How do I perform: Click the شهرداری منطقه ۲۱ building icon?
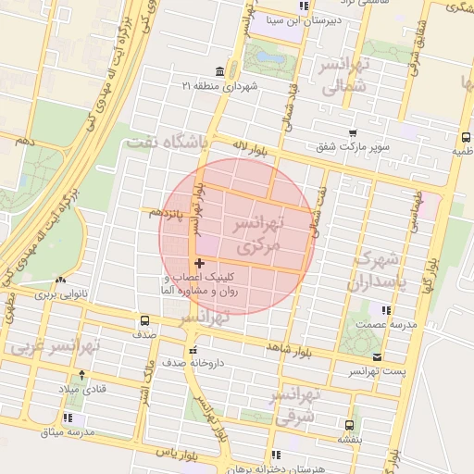[219, 72]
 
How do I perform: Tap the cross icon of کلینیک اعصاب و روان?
[199, 264]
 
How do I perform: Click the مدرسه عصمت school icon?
[386, 310]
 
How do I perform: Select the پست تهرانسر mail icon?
[376, 356]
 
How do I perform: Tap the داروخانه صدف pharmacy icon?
[192, 350]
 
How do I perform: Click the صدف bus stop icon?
[143, 320]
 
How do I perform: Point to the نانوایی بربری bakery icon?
[60, 281]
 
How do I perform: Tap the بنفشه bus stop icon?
[348, 426]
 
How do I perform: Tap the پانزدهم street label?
[162, 212]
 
